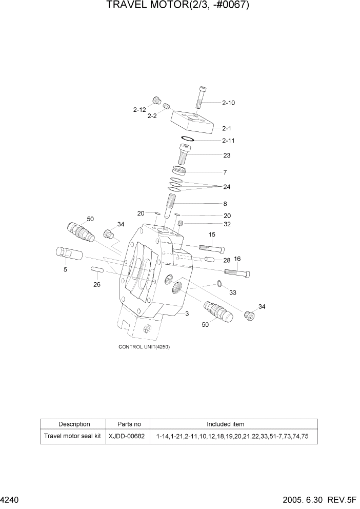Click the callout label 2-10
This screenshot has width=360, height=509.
point(228,103)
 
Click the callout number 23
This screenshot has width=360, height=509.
point(226,155)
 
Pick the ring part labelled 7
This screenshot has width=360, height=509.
point(178,170)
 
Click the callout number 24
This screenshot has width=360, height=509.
point(226,187)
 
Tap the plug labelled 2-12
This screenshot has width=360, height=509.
point(157,101)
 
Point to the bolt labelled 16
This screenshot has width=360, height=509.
point(236,272)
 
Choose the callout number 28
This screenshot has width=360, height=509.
point(226,261)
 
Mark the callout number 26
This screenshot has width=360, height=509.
point(96,285)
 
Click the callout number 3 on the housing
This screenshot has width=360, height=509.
point(187,314)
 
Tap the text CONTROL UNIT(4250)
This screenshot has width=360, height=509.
point(144,347)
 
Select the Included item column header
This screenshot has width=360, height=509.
point(225,424)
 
